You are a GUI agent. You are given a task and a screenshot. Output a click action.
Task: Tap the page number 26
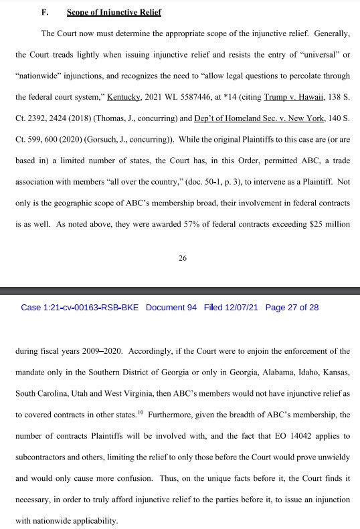click(182, 259)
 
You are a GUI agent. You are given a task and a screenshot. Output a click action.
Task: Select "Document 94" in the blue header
click(171, 308)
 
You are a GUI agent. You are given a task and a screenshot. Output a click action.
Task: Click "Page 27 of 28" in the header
click(292, 308)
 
